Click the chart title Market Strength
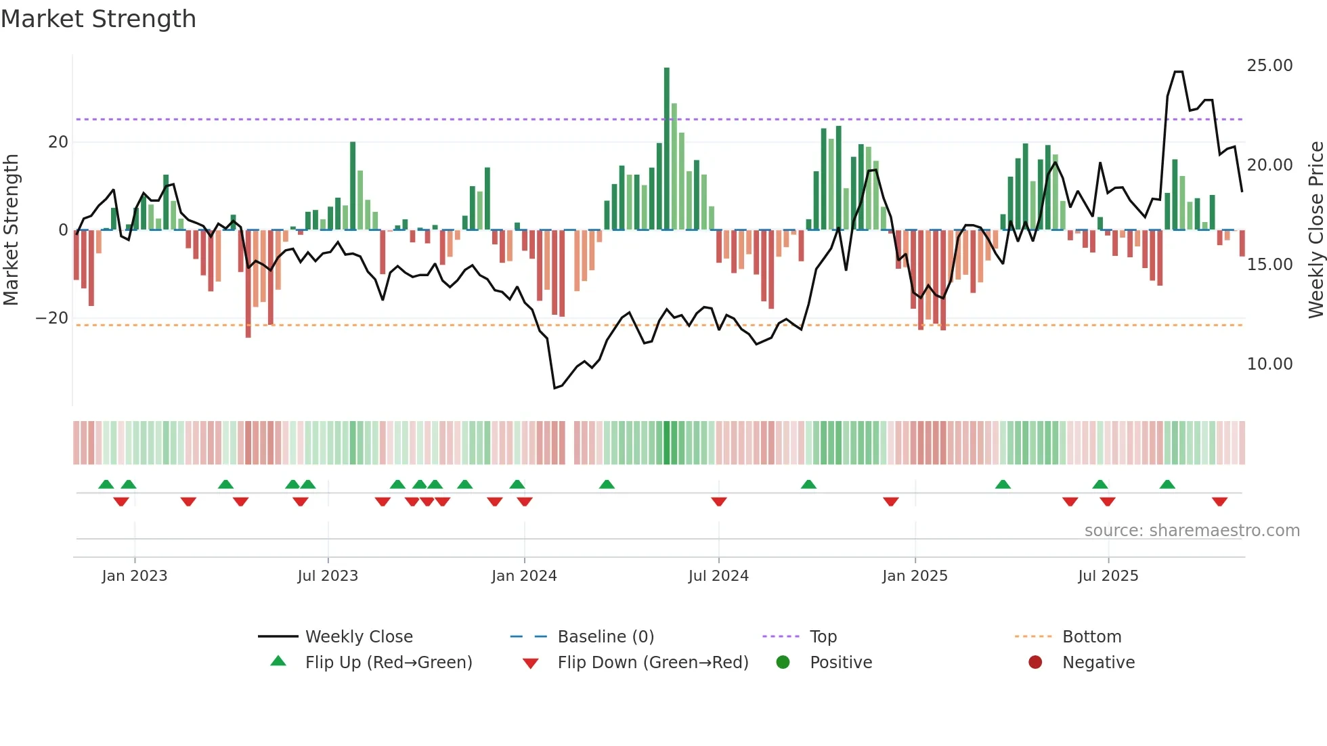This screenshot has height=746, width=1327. click(99, 19)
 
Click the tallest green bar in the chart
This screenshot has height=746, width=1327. click(667, 149)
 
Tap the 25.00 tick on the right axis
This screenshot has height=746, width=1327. click(1269, 66)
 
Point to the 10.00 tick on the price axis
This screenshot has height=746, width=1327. click(1269, 364)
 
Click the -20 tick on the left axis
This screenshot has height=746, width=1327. click(52, 318)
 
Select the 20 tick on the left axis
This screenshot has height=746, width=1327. click(58, 142)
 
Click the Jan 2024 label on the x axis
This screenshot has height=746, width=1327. click(524, 576)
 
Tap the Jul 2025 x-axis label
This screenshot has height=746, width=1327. click(1108, 576)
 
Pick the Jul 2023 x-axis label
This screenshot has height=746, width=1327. click(328, 576)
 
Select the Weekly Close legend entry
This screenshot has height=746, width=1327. click(359, 637)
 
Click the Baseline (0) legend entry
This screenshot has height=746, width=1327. click(605, 637)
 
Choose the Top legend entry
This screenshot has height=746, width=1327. click(823, 637)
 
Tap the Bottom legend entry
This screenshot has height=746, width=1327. click(1091, 637)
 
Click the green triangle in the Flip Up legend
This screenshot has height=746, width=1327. click(278, 661)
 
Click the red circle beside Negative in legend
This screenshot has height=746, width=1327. click(1035, 662)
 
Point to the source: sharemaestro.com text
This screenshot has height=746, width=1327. click(1192, 531)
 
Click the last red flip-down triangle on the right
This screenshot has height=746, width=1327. click(1220, 502)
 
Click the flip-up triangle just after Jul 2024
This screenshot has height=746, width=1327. click(808, 484)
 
